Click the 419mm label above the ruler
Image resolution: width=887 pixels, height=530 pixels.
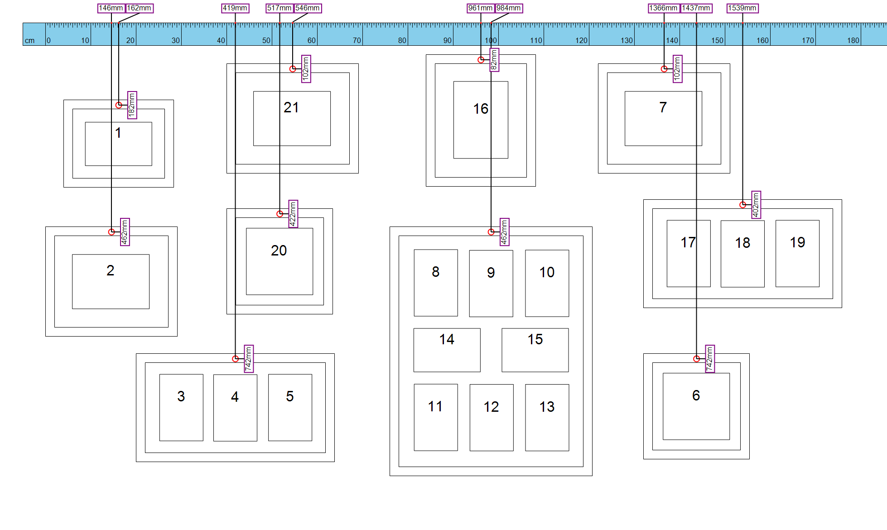[235, 8]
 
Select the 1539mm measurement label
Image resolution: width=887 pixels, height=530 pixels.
[742, 8]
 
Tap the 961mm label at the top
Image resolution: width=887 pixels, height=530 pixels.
[481, 8]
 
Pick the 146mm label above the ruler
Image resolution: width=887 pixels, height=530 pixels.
[111, 8]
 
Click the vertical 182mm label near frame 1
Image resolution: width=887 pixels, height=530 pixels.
[132, 105]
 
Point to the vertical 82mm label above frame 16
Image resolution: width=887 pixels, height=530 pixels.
[494, 60]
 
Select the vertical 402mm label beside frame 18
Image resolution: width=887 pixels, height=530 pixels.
[756, 205]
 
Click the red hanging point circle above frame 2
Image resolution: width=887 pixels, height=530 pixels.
[111, 232]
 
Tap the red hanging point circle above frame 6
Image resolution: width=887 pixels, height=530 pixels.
[696, 359]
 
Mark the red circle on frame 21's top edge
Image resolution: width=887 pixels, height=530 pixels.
[293, 69]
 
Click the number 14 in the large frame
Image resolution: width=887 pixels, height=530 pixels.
[447, 339]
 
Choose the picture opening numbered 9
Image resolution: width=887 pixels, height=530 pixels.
[491, 284]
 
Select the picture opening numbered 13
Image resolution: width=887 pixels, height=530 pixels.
[547, 418]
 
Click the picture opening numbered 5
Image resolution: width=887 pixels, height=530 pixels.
[290, 408]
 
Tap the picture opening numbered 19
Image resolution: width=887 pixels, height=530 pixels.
[797, 254]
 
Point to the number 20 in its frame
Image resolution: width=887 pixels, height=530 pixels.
[279, 251]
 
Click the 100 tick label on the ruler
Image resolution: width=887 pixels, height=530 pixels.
[491, 40]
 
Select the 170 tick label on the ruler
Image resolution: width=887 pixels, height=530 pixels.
[808, 40]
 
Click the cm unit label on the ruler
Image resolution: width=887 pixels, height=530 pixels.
[30, 41]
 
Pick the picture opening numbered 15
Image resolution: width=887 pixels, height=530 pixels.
[535, 350]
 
